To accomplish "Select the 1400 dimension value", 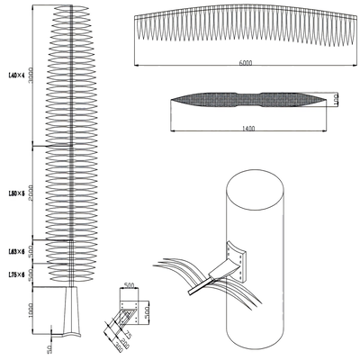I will click(x=248, y=129).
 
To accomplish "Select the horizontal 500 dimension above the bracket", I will click(x=130, y=285).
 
